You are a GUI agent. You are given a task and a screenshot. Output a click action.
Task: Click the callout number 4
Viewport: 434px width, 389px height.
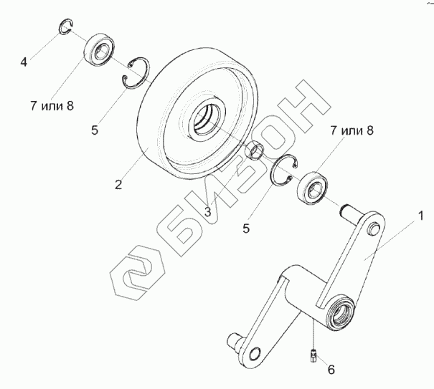tap(24, 63)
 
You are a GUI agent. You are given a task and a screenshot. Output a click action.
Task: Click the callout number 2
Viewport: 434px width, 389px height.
tap(118, 185)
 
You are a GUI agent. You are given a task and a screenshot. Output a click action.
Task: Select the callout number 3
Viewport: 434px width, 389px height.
tap(207, 211)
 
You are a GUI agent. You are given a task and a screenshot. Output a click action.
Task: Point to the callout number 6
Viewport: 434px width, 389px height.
tap(331, 370)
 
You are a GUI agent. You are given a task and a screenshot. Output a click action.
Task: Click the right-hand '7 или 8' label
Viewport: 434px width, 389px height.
tap(352, 130)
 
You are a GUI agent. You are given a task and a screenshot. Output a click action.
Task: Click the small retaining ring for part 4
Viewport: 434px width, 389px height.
tap(65, 28)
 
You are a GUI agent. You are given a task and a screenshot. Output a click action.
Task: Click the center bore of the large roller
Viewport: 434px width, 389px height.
tap(206, 116)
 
